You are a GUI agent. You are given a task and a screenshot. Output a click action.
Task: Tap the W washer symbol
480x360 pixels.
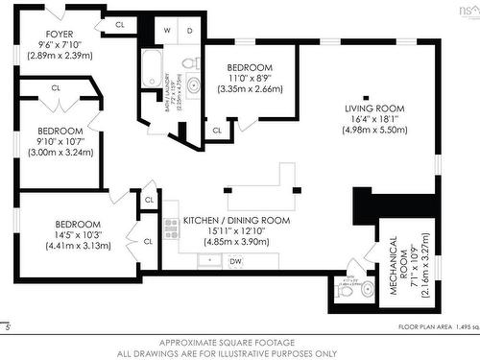(167, 31)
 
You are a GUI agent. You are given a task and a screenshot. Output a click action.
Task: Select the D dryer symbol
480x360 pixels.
(189, 31)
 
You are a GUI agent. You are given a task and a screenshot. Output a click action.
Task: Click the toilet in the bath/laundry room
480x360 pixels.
(191, 63)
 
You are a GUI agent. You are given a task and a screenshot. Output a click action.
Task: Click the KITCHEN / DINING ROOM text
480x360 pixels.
(235, 221)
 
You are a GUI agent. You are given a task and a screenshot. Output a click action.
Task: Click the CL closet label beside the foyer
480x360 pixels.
(120, 24)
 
